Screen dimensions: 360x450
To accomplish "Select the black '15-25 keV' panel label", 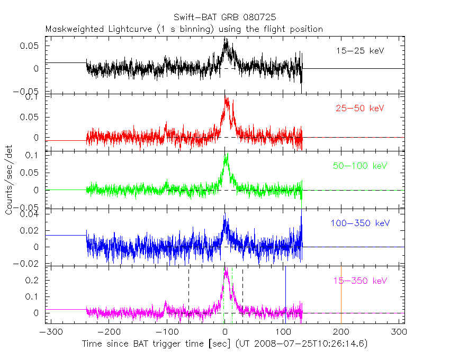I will click(x=359, y=51).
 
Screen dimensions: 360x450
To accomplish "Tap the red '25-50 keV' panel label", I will click(x=359, y=109).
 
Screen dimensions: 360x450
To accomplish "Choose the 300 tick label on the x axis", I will click(x=399, y=332).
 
